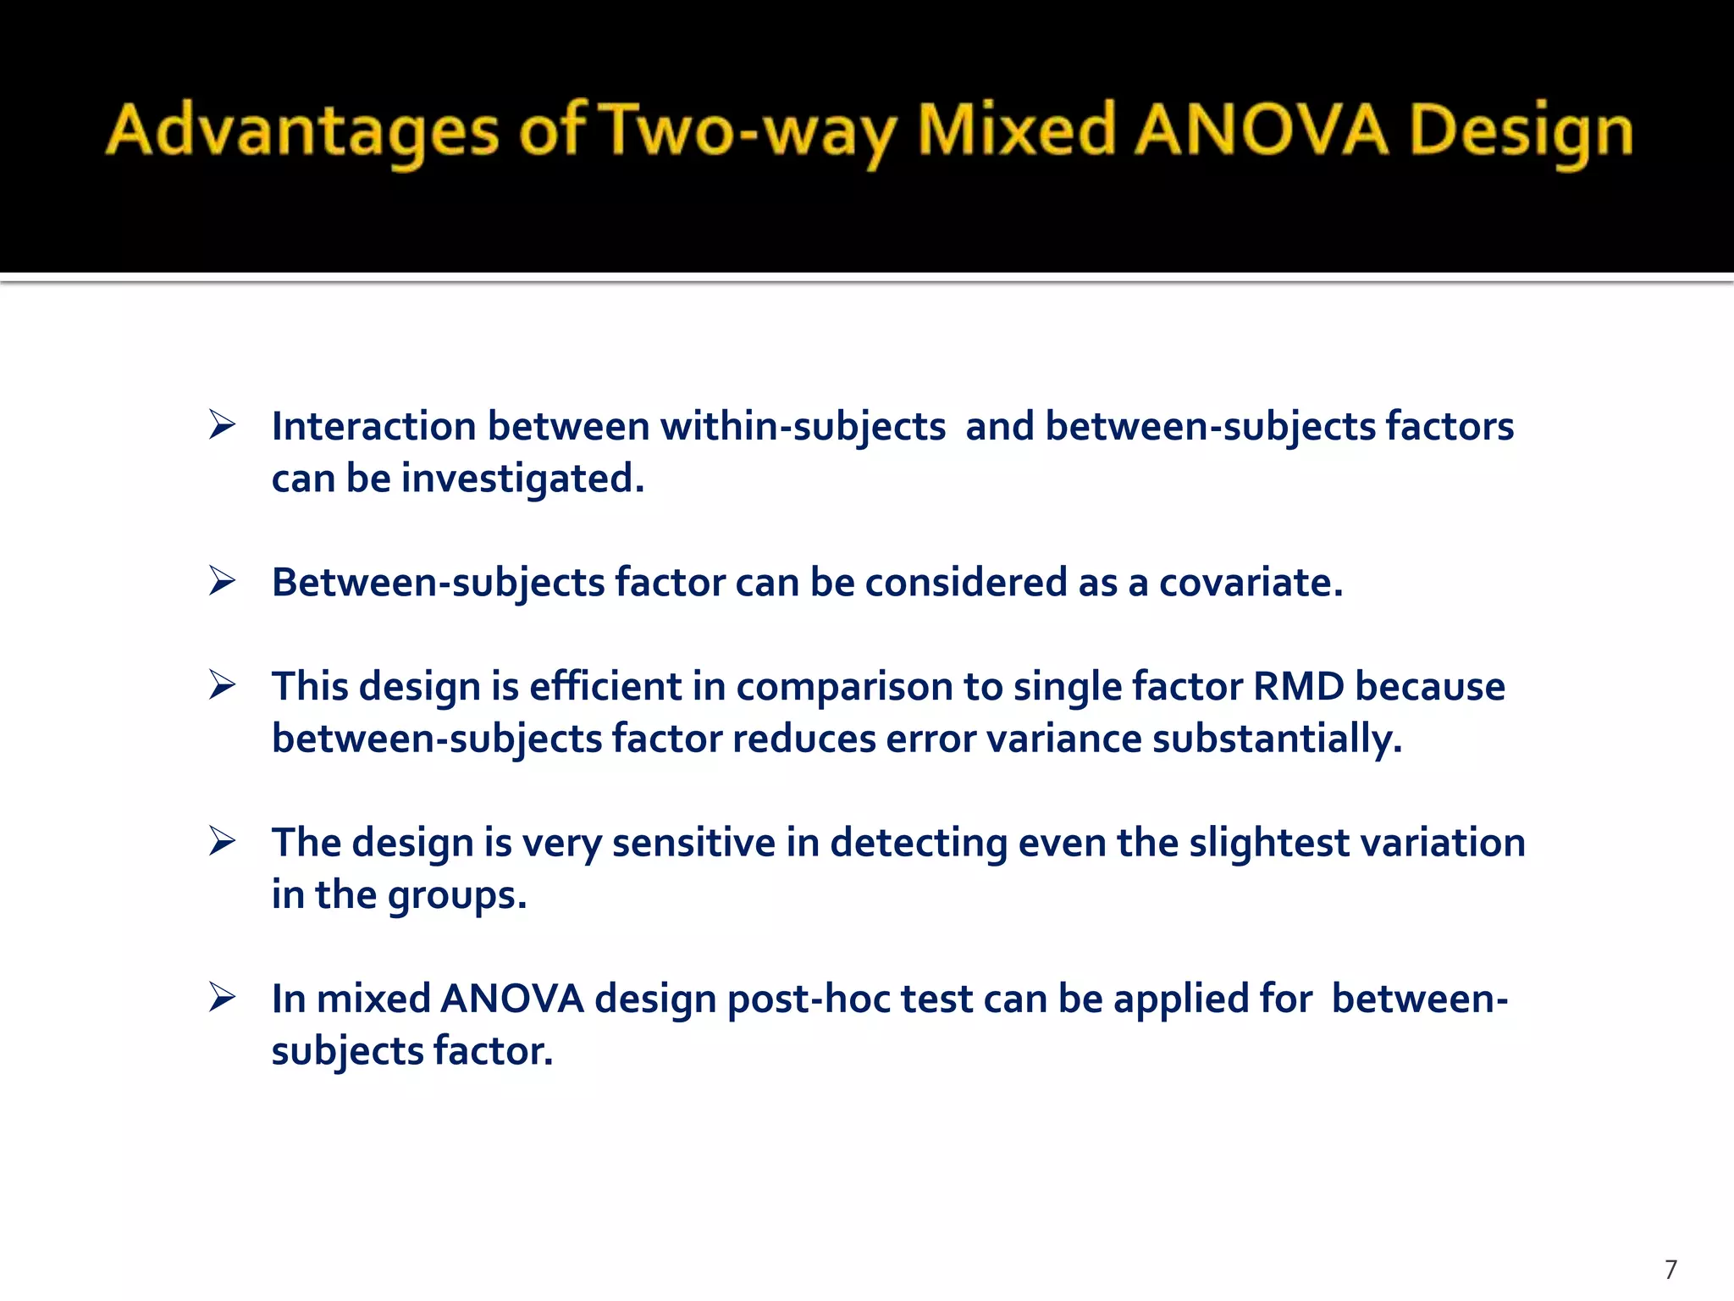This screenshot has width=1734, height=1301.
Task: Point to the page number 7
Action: click(x=1670, y=1270)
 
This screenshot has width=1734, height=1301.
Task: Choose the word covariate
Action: click(x=1251, y=583)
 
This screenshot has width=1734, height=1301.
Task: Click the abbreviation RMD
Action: click(x=1299, y=686)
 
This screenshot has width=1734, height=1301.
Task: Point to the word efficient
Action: click(x=605, y=686)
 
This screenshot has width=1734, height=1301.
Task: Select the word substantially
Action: click(x=1278, y=739)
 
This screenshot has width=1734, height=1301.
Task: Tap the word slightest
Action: click(x=1270, y=843)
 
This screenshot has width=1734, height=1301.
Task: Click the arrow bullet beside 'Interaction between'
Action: click(x=223, y=424)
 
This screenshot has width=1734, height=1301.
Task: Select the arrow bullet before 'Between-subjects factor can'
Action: click(x=223, y=581)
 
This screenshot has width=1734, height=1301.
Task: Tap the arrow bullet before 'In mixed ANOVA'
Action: click(x=223, y=997)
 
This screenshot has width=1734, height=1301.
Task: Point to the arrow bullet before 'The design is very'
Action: click(x=223, y=841)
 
